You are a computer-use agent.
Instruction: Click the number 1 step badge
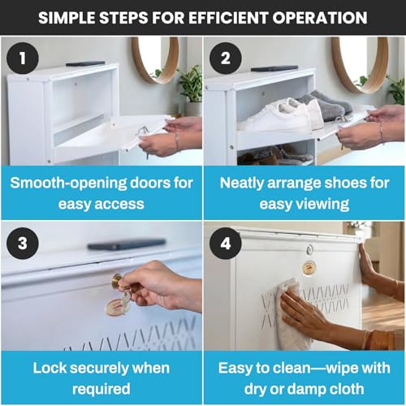tap(23, 58)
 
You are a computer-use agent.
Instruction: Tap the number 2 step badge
tap(226, 58)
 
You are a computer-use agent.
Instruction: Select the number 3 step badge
tap(23, 244)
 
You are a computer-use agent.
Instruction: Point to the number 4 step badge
tap(226, 244)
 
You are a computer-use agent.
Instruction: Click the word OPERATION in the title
tap(320, 18)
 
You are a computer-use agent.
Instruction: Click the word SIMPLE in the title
tap(67, 18)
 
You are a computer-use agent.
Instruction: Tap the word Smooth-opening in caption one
tap(68, 184)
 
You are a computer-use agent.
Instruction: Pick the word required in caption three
tap(101, 390)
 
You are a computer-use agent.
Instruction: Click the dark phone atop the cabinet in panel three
tap(127, 244)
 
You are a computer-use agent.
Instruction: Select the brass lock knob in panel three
tap(117, 281)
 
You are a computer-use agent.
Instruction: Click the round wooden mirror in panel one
tap(155, 60)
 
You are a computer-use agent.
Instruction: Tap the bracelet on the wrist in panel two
tap(381, 131)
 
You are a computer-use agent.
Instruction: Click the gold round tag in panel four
tap(309, 267)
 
